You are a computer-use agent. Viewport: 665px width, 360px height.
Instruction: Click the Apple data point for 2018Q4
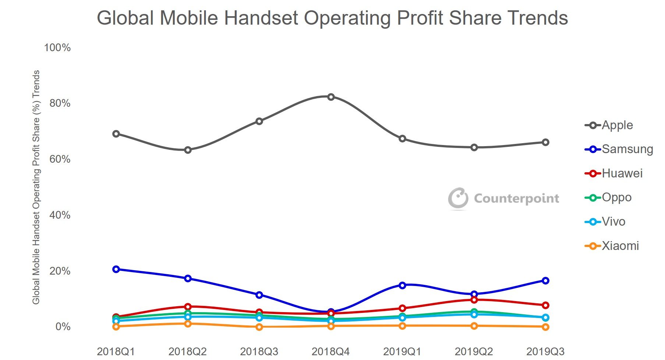[x=331, y=97]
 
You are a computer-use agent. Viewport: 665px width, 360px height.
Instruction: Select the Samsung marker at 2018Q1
[x=116, y=269]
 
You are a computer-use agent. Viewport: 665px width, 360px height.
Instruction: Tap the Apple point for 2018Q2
[x=188, y=150]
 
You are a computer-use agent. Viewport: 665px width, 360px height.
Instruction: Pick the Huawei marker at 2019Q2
[x=474, y=300]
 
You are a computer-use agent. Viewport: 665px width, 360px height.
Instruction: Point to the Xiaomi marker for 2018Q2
[x=188, y=324]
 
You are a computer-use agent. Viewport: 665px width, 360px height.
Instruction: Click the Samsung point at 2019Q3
[x=545, y=280]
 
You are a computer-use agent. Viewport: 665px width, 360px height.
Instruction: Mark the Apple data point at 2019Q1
[x=402, y=138]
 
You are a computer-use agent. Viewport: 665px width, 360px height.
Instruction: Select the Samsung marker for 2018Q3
[x=259, y=294]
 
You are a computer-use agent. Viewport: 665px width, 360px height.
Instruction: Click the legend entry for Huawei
[x=614, y=173]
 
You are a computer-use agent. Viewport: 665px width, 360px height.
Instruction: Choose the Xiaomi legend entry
[x=612, y=246]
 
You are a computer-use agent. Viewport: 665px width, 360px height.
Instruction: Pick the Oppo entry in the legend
[x=608, y=197]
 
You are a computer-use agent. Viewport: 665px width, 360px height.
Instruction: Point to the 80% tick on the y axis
[x=60, y=103]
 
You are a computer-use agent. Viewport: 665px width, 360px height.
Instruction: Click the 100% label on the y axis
[x=57, y=47]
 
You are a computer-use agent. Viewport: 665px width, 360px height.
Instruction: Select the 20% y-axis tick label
[x=60, y=271]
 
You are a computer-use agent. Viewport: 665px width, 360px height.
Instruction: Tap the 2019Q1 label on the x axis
[x=402, y=352]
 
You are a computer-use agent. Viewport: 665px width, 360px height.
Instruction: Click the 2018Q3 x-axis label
[x=259, y=352]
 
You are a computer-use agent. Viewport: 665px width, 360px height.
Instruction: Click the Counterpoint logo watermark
[x=503, y=198]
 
